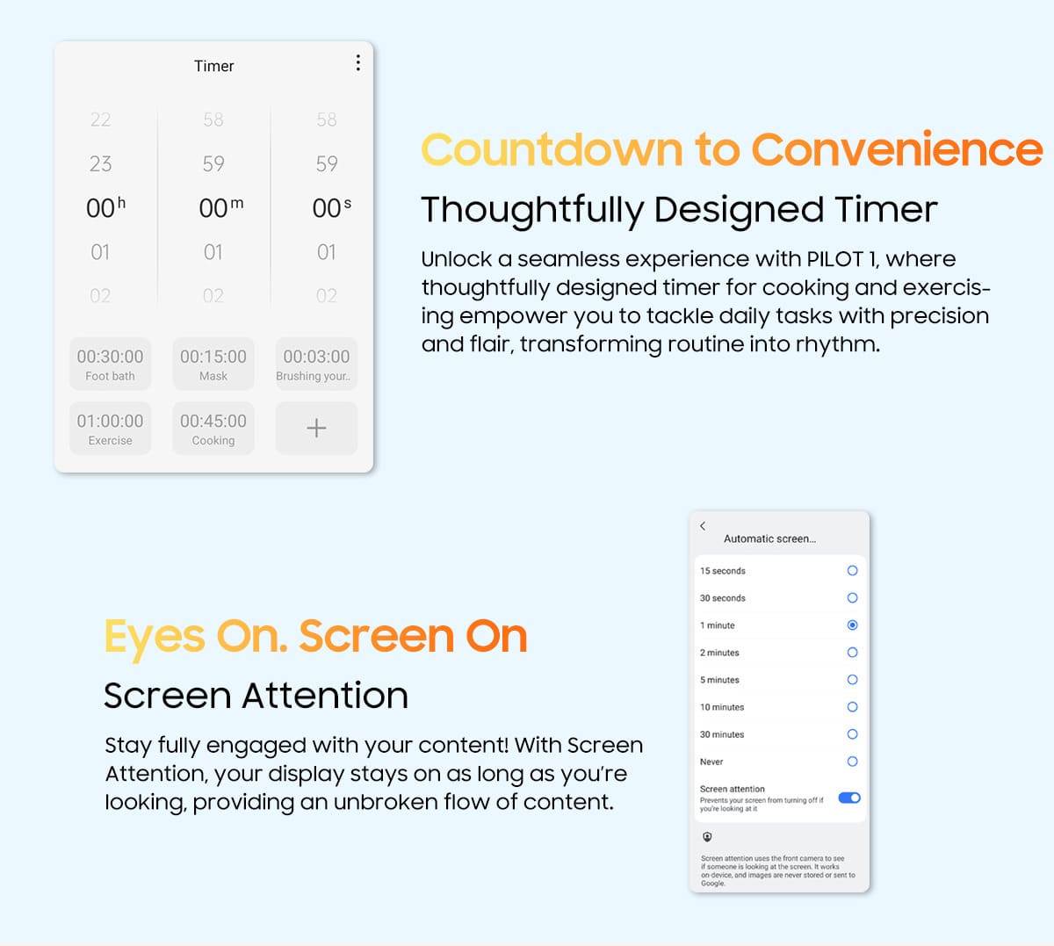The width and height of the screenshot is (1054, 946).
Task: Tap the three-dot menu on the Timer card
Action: [x=358, y=62]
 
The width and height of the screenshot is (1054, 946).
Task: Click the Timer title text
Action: [x=213, y=66]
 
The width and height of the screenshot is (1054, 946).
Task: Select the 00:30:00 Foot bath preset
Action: [x=111, y=364]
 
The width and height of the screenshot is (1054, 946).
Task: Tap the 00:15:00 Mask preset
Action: [x=213, y=364]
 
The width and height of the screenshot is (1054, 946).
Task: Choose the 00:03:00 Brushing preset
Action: [x=316, y=364]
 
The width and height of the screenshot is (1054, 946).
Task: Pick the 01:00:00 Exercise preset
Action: [x=111, y=429]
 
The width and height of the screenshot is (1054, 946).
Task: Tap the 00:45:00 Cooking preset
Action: [x=213, y=429]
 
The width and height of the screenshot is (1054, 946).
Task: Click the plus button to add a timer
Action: [x=316, y=429]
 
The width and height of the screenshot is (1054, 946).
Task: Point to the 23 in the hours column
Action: [x=100, y=164]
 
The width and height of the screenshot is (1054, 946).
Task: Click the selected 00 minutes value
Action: [x=213, y=208]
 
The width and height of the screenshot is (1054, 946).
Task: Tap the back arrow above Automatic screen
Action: [x=703, y=526]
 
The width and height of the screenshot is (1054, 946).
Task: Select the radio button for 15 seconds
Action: [x=852, y=571]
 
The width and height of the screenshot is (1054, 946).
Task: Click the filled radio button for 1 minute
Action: [x=852, y=625]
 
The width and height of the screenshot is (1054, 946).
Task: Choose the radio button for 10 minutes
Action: [x=852, y=706]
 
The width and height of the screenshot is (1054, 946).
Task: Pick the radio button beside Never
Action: [x=852, y=762]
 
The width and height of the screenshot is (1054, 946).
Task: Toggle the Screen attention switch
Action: [x=849, y=798]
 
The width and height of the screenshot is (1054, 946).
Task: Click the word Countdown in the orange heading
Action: [x=552, y=150]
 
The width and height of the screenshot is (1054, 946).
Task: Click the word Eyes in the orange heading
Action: [x=155, y=639]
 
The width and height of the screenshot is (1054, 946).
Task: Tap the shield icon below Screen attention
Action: [x=707, y=837]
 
